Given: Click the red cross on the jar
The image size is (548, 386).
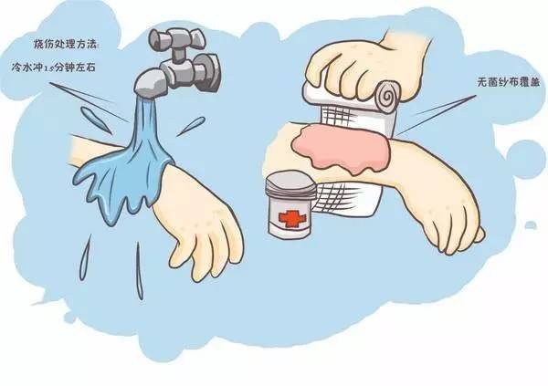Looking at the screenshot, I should click(291, 219).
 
